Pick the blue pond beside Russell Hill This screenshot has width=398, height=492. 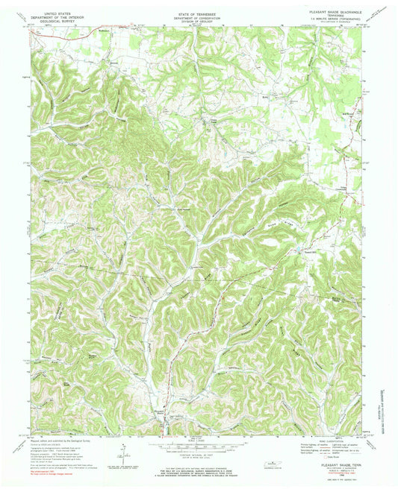[x=298, y=248]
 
